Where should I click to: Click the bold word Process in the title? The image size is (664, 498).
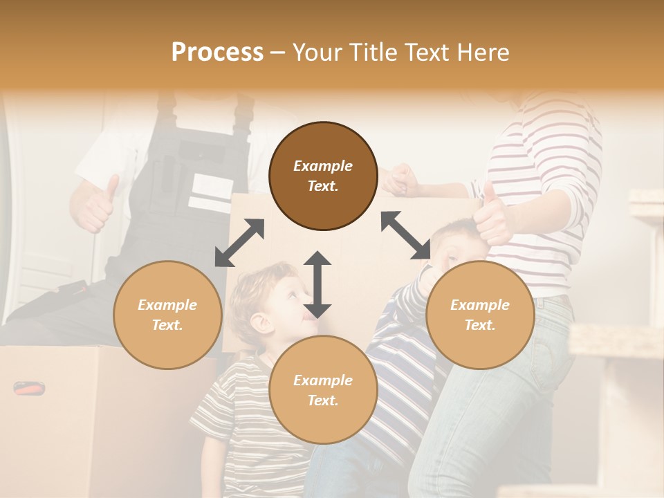pyautogui.click(x=217, y=52)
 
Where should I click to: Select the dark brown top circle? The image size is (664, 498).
pyautogui.click(x=323, y=176)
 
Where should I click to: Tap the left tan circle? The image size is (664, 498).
pyautogui.click(x=167, y=315)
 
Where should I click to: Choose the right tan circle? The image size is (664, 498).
pyautogui.click(x=480, y=315)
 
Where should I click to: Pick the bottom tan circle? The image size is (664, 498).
pyautogui.click(x=323, y=389)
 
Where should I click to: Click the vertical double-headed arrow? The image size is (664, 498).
pyautogui.click(x=317, y=284)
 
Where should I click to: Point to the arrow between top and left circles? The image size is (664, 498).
pyautogui.click(x=239, y=243)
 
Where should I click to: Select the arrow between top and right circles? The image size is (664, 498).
pyautogui.click(x=405, y=235)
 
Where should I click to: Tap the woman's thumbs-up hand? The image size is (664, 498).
pyautogui.click(x=492, y=214)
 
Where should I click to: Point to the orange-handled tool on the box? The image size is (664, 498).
pyautogui.click(x=29, y=388)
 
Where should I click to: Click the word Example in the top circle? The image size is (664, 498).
pyautogui.click(x=323, y=166)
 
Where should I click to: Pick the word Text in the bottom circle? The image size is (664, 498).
pyautogui.click(x=323, y=400)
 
